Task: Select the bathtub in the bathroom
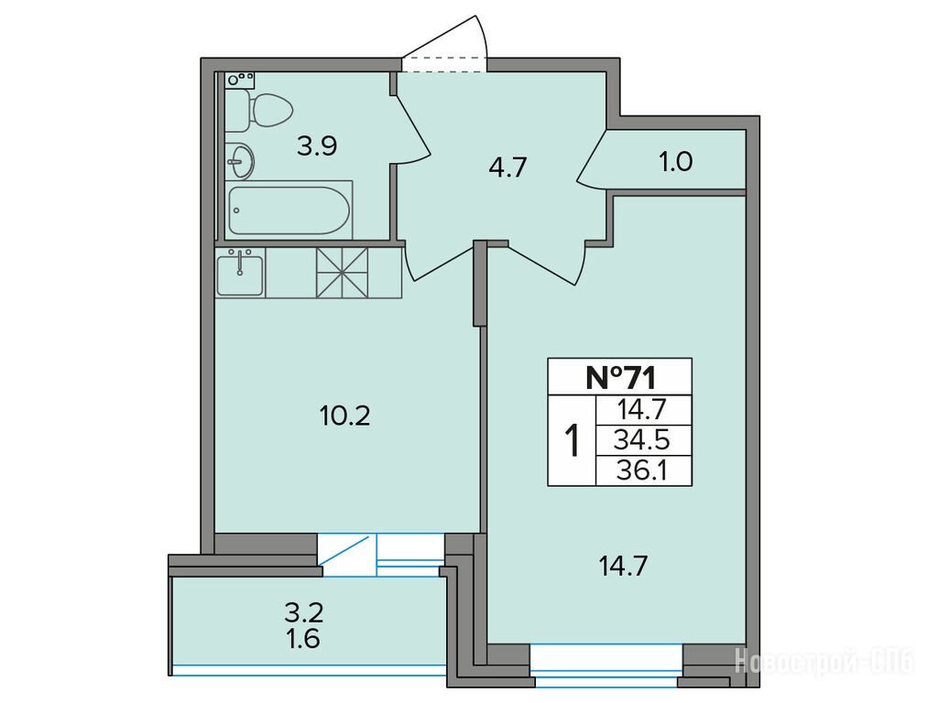click(x=289, y=211)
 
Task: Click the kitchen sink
click(x=240, y=273)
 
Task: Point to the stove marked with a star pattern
click(x=342, y=273)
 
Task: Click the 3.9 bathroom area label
click(x=317, y=146)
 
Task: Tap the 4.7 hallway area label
click(x=508, y=168)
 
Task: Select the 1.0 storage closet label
click(x=676, y=161)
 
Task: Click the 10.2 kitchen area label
click(x=344, y=416)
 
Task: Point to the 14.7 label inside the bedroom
click(x=624, y=567)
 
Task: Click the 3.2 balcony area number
click(x=303, y=613)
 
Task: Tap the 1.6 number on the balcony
click(x=303, y=639)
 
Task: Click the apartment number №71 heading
click(x=620, y=378)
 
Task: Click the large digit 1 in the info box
click(x=572, y=440)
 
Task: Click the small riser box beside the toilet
click(x=240, y=80)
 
